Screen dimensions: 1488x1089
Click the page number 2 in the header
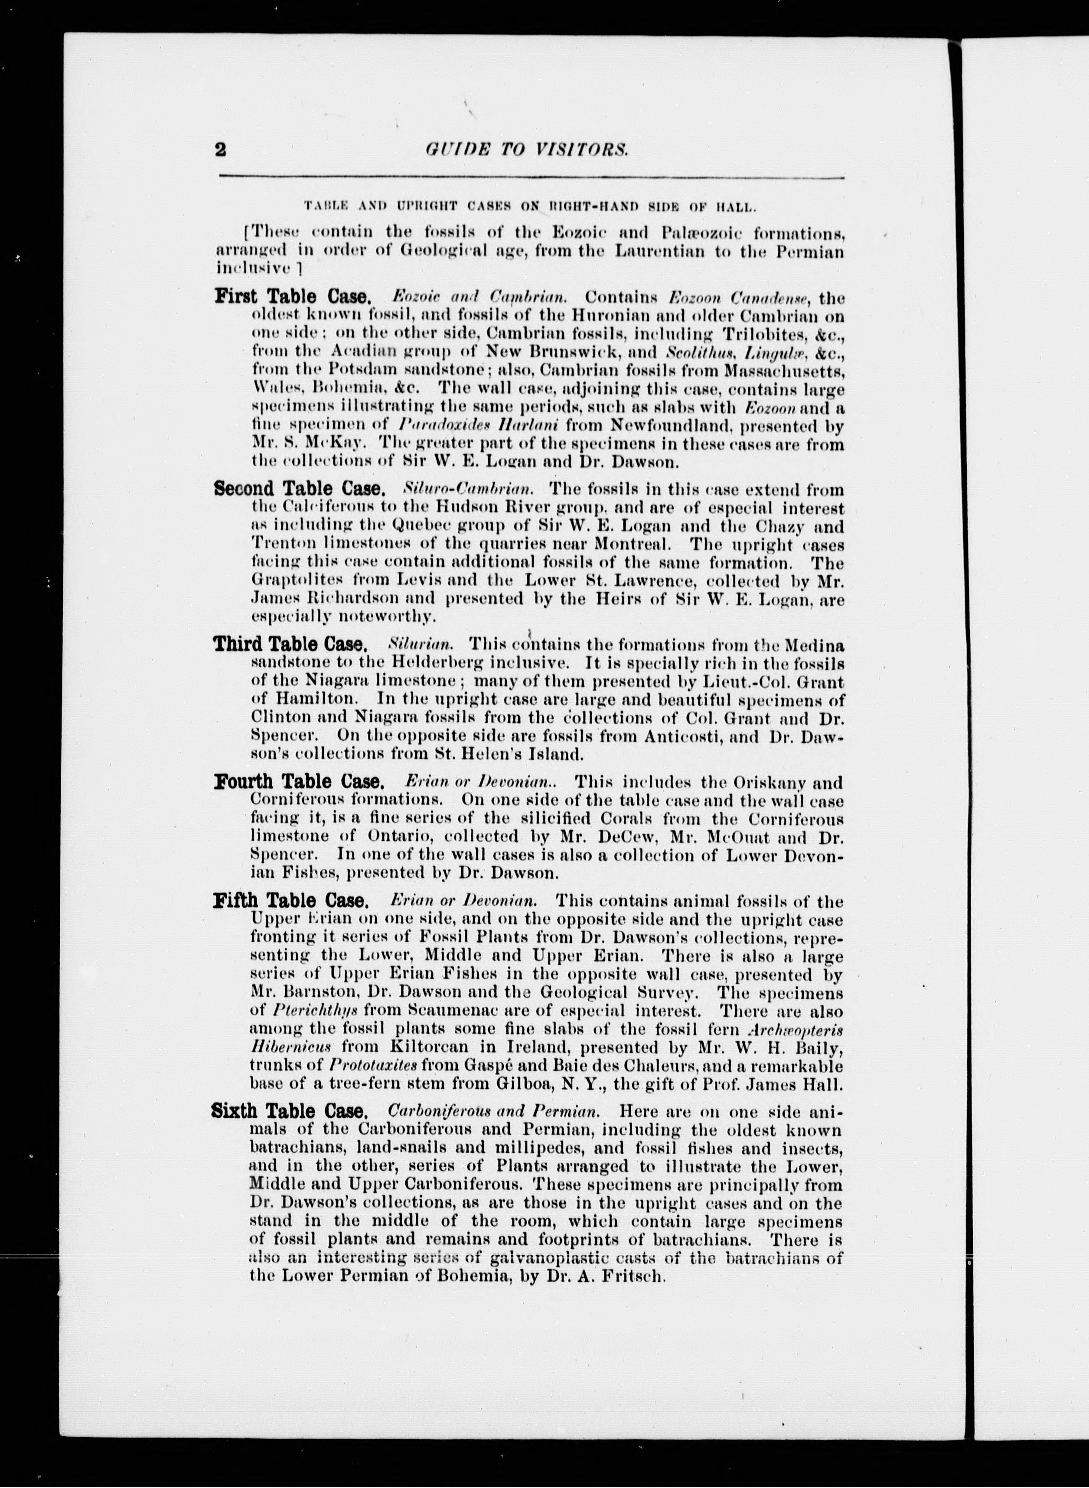coord(221,150)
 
